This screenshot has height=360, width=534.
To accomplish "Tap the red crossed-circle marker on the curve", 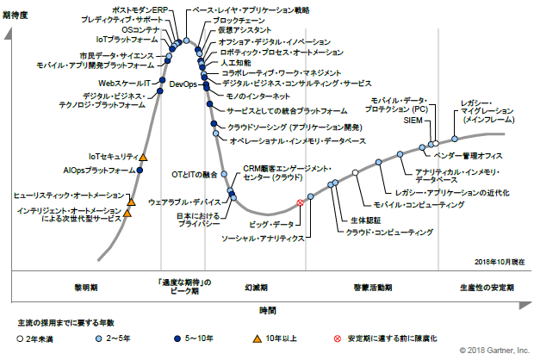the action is (300, 202).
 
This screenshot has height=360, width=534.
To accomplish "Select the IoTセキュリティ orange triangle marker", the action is (143, 158).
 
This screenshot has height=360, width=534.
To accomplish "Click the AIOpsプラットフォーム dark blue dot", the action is (140, 170).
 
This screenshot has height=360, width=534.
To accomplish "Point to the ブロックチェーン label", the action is (239, 21).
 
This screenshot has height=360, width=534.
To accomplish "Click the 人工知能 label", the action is (236, 63).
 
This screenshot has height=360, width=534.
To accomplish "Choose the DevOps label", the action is (183, 84).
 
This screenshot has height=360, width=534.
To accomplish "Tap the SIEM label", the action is (413, 121).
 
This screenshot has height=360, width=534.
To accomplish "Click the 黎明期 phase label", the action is (86, 288).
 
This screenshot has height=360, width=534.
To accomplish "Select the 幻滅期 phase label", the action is (256, 288).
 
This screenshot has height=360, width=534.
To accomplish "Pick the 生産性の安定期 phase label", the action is (487, 288).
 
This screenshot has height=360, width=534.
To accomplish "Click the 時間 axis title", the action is (268, 311).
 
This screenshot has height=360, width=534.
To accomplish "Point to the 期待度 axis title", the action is (15, 16).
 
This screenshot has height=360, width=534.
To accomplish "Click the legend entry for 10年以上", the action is (275, 338).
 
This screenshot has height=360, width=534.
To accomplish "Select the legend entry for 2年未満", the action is (35, 338).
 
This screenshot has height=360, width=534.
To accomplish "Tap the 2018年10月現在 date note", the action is (500, 262).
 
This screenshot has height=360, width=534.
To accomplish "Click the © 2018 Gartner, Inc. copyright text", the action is (494, 351).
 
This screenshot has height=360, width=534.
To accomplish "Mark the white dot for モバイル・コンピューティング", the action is (356, 172).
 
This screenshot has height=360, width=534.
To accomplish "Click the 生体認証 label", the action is (366, 220).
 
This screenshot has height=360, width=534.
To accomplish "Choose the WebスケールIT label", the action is (124, 83).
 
